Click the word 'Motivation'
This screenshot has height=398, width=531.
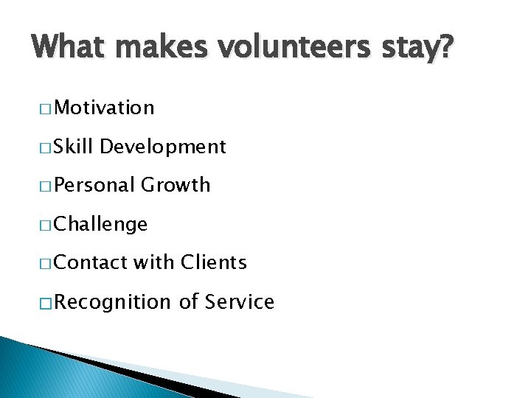click(104, 108)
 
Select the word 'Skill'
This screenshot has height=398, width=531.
click(74, 147)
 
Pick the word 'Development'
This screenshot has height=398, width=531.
click(163, 147)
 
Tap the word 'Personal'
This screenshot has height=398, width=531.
click(94, 185)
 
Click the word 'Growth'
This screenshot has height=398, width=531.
click(176, 185)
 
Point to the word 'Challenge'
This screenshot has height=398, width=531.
click(101, 224)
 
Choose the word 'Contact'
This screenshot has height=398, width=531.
click(90, 262)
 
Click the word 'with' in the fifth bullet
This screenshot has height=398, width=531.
click(153, 262)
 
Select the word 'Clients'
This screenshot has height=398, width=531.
click(214, 262)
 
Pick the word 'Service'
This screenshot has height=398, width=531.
click(240, 301)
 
